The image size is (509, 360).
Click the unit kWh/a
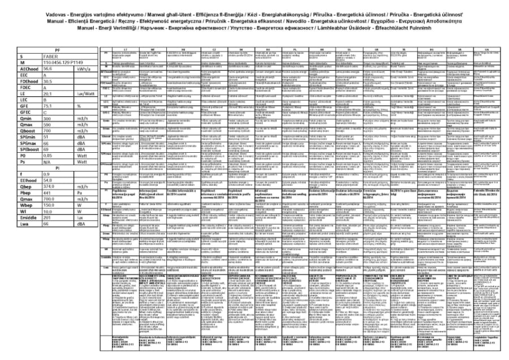(84, 68)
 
